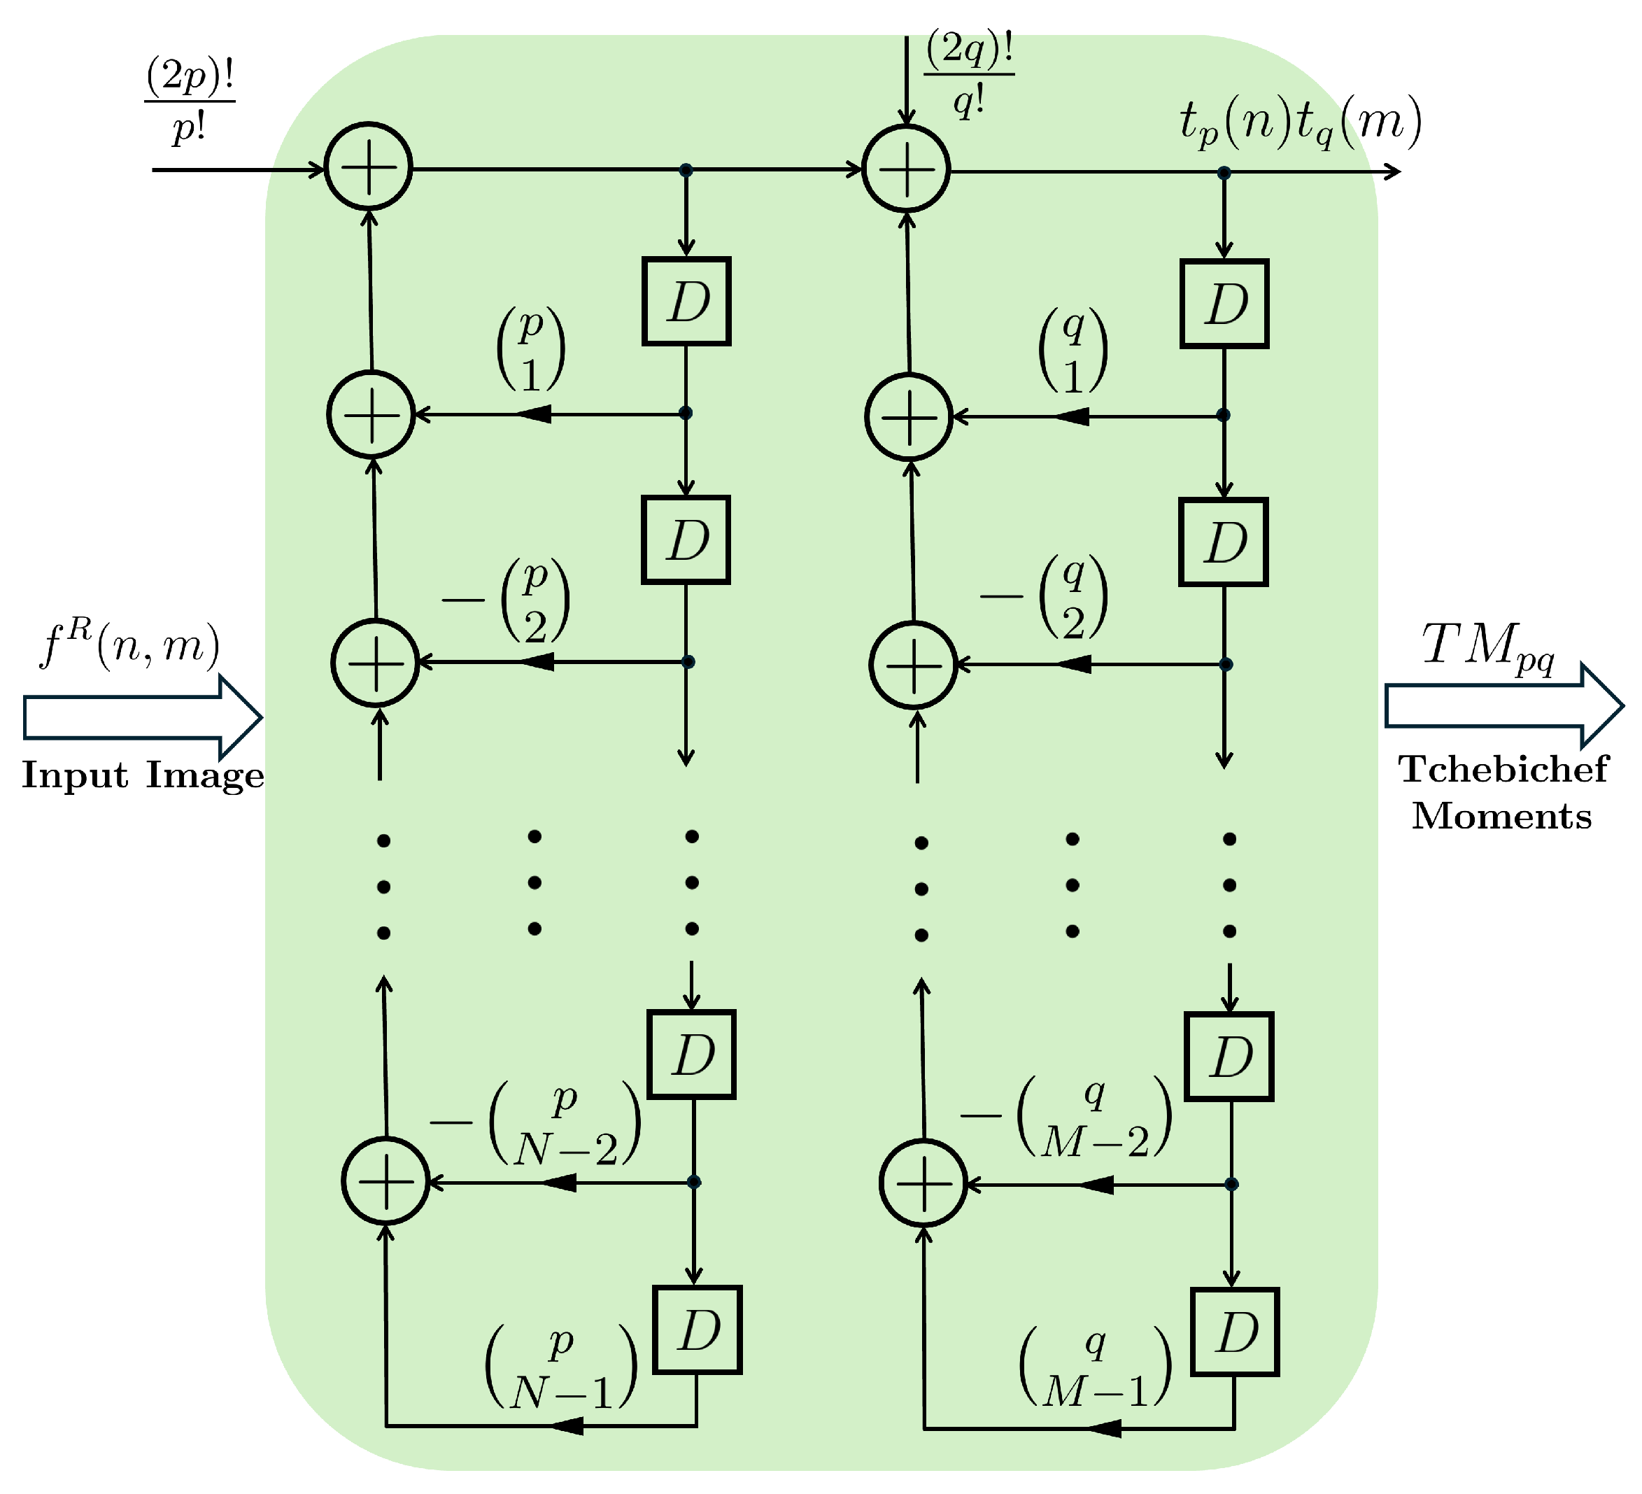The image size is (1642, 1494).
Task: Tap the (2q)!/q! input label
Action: [968, 75]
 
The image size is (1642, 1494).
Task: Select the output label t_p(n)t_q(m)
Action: [1300, 123]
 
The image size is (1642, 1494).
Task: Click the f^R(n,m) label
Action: [129, 646]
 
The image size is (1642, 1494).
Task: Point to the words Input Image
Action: [143, 775]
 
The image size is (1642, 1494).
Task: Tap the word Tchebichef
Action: [1503, 770]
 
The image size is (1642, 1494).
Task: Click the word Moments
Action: [1501, 816]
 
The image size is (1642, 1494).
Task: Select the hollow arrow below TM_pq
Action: [1503, 705]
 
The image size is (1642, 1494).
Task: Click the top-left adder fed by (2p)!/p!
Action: [369, 167]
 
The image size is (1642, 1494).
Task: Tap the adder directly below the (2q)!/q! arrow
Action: [907, 169]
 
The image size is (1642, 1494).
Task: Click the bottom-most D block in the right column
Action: [1234, 1333]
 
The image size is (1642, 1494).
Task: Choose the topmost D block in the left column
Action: [686, 302]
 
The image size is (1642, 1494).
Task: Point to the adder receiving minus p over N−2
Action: [385, 1181]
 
